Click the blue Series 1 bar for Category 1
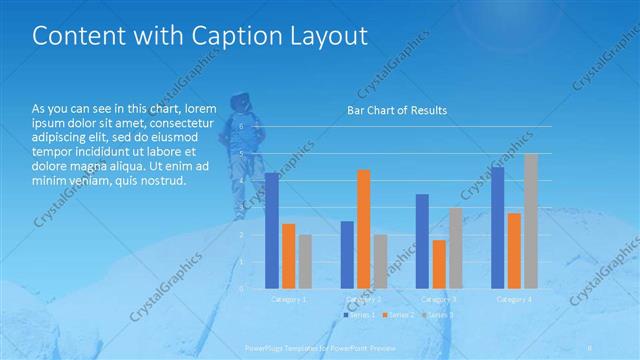[271, 230]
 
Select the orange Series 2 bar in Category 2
[363, 229]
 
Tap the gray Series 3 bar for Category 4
[531, 221]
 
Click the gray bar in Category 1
[304, 261]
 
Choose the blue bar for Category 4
[497, 227]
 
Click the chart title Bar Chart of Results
[396, 110]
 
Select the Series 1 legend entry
[360, 315]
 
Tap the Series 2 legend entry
[397, 315]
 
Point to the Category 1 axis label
[289, 299]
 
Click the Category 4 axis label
[514, 299]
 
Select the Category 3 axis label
[439, 299]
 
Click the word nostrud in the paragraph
[163, 180]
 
